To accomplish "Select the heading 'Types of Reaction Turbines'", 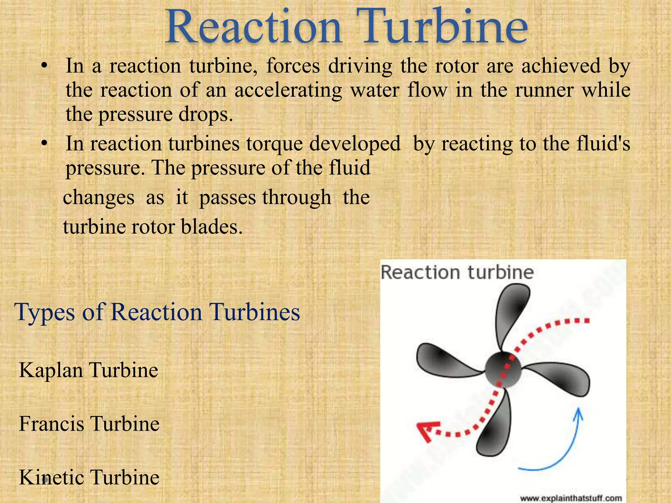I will [157, 312].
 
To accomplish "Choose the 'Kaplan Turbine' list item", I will [88, 370].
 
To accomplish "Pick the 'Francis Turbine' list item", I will [89, 423].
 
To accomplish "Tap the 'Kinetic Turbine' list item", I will [89, 477].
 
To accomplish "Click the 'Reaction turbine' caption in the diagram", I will [457, 272].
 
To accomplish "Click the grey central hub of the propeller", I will [503, 370].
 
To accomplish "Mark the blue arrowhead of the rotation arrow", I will [579, 413].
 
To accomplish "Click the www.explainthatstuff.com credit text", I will [571, 498].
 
